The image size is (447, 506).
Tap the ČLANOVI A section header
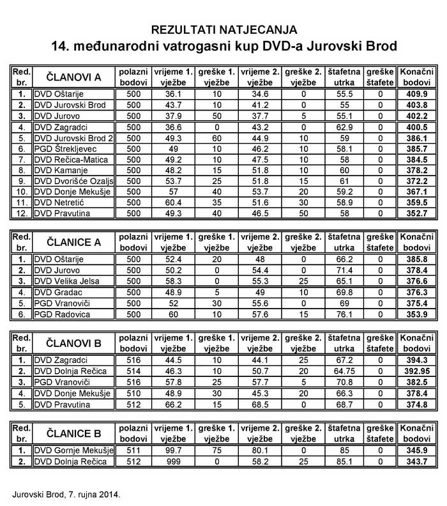click(x=71, y=77)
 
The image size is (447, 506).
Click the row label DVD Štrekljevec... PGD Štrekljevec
click(x=66, y=148)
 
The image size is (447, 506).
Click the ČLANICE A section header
click(x=71, y=240)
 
